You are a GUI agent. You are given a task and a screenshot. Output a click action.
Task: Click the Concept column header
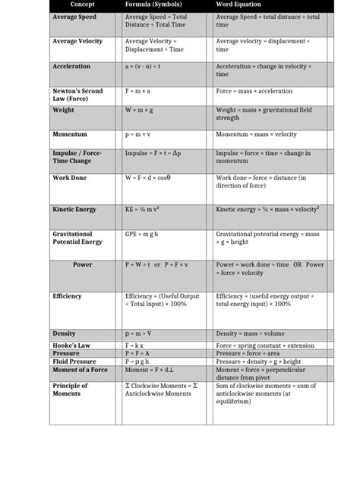click(81, 5)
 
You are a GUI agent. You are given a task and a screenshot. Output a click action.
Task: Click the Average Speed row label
click(74, 17)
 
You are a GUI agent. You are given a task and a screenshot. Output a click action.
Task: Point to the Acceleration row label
click(71, 67)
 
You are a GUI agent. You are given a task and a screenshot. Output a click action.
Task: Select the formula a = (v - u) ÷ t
click(143, 67)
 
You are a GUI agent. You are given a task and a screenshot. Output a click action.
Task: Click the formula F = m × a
click(137, 91)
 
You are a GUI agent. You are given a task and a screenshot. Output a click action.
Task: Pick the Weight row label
click(63, 110)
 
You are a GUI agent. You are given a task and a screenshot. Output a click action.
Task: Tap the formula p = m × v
click(137, 134)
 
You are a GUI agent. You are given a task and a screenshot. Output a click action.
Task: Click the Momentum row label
click(70, 134)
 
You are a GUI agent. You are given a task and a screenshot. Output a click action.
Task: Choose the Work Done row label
click(69, 178)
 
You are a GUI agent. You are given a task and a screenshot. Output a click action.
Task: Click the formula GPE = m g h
click(141, 235)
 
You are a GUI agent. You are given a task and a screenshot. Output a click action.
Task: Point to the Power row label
click(83, 265)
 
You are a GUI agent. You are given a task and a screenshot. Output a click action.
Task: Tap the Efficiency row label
click(68, 296)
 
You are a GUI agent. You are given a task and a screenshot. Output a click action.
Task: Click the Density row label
click(64, 334)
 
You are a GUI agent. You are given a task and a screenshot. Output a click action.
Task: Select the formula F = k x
click(134, 345)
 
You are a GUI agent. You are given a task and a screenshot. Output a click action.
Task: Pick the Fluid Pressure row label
click(74, 362)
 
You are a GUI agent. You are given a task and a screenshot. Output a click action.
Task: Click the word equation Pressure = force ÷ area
click(251, 353)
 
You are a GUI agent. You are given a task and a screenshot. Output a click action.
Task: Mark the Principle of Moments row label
click(70, 390)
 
